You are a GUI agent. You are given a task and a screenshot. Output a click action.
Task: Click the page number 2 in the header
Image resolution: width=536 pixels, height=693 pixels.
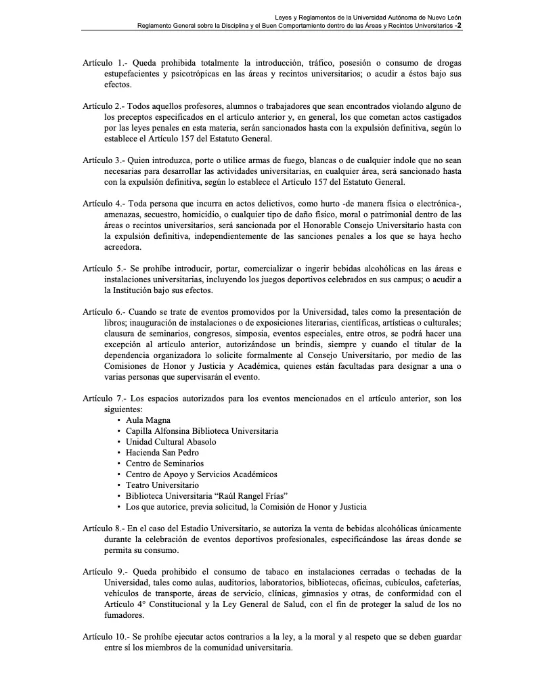click(460, 25)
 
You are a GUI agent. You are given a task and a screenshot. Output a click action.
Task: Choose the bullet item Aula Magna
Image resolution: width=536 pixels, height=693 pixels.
click(148, 420)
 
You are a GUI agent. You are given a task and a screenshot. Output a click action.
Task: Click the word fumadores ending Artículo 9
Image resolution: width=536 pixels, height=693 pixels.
click(125, 615)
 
